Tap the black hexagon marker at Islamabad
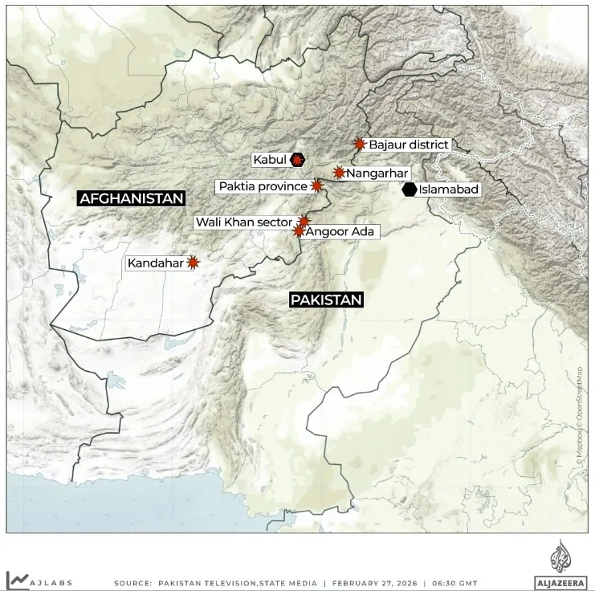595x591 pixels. point(410,190)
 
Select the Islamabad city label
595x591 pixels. point(449,190)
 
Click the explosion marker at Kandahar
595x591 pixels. point(193,262)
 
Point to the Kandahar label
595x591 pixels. point(156,263)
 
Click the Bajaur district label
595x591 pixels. point(408,145)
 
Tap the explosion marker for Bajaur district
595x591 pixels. point(360,145)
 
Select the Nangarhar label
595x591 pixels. point(378,173)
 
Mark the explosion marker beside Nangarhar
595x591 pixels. point(339,173)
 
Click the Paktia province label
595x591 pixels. point(263,186)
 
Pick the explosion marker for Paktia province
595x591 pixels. point(316,186)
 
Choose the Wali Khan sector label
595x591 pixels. point(246,221)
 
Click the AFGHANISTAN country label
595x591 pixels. point(131,198)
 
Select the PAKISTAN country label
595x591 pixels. point(326,300)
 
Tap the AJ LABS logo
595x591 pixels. point(40,580)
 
